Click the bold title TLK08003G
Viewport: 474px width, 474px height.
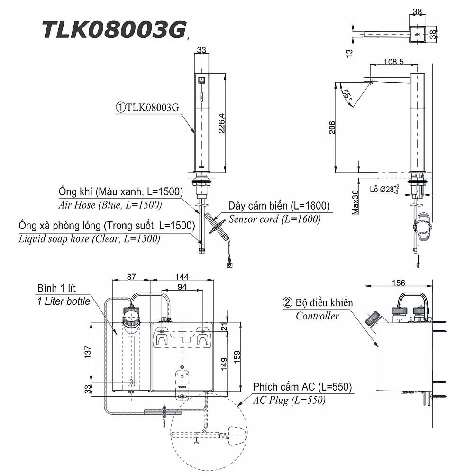[114, 30]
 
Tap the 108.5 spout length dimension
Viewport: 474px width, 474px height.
[393, 62]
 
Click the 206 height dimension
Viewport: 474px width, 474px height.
[332, 127]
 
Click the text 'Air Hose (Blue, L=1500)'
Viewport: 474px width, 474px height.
[110, 205]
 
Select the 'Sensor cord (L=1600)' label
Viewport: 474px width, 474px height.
[274, 219]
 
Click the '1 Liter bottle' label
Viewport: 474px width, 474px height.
[64, 301]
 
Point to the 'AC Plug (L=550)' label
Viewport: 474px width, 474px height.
[289, 400]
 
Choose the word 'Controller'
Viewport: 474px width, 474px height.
[318, 316]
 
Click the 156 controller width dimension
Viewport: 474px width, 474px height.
[399, 283]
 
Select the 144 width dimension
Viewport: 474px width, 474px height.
[182, 277]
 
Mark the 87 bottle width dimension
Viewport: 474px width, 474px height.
[131, 277]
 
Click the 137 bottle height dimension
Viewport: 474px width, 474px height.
[88, 352]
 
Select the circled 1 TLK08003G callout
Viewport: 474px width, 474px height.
[147, 108]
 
